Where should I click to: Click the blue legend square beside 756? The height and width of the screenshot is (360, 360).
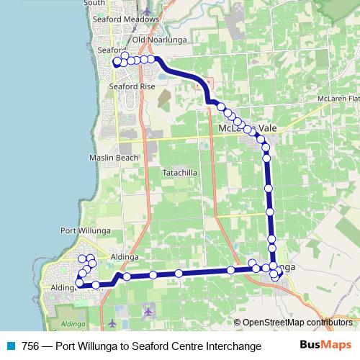(x=9, y=346)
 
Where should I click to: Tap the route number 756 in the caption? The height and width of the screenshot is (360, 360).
(x=31, y=346)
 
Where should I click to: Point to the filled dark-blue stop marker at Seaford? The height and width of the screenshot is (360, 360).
(x=117, y=63)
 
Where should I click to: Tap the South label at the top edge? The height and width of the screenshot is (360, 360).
(x=94, y=4)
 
